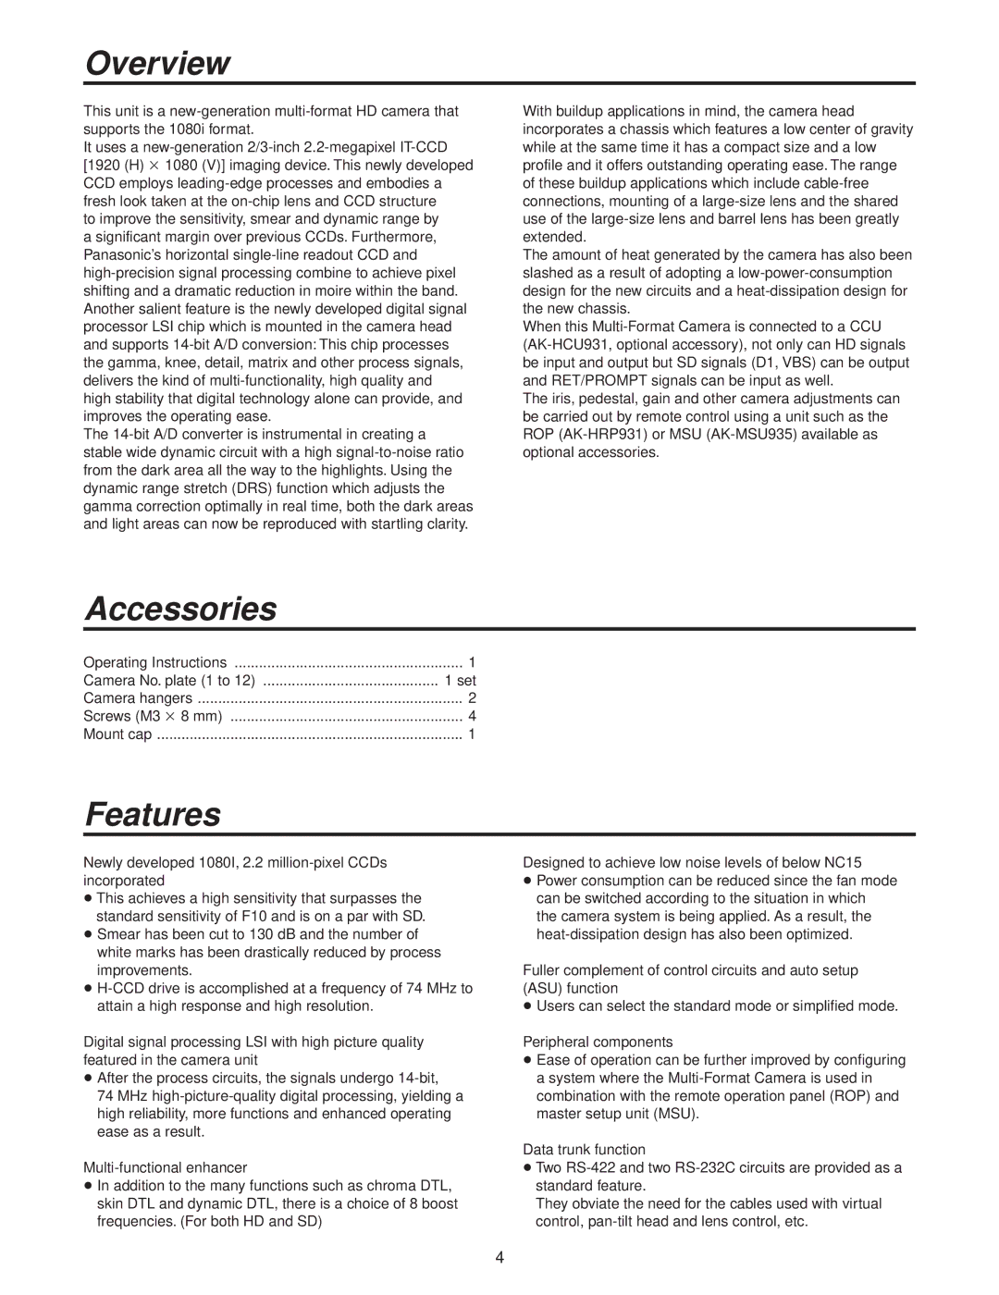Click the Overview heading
tap(157, 63)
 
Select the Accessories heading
tap(181, 609)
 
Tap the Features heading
tap(154, 814)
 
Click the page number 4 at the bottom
tap(499, 1257)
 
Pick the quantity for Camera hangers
tap(472, 698)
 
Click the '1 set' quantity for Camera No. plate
tap(460, 681)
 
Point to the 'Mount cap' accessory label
tap(117, 734)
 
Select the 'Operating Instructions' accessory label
tap(154, 662)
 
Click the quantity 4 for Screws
tap(472, 716)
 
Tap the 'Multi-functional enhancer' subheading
tap(166, 1167)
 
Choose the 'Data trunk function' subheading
tap(584, 1150)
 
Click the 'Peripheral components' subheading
tap(598, 1042)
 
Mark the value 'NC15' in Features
tap(843, 862)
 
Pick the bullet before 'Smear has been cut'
tap(88, 935)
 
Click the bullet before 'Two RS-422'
tap(527, 1168)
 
